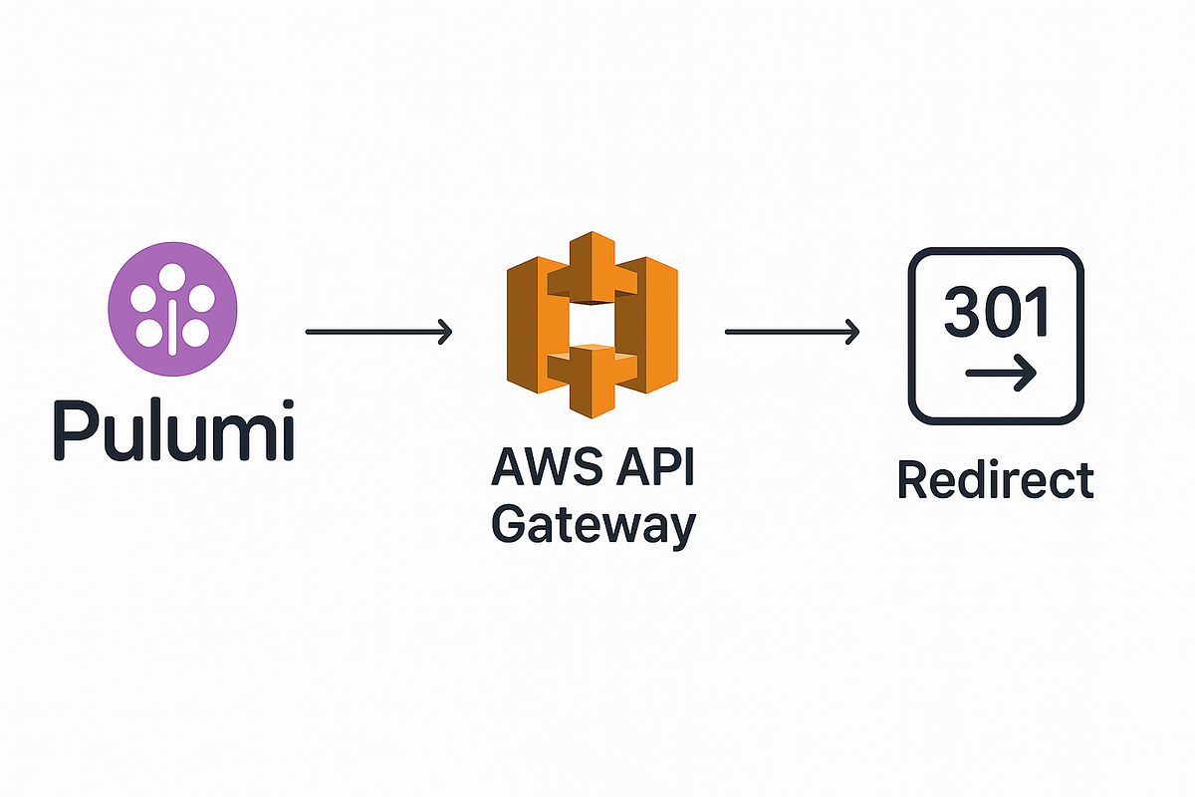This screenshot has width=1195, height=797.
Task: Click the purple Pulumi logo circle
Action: [x=171, y=310]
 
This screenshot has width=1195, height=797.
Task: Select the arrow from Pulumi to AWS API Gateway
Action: [x=378, y=332]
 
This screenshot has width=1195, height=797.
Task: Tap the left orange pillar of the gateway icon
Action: [x=528, y=324]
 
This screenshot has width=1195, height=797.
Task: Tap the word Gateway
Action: [x=593, y=526]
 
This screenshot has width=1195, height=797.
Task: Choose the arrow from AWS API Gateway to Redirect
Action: [x=792, y=332]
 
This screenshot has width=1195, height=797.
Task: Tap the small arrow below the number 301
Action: [x=1001, y=375]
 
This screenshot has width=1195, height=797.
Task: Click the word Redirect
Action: [x=995, y=480]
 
